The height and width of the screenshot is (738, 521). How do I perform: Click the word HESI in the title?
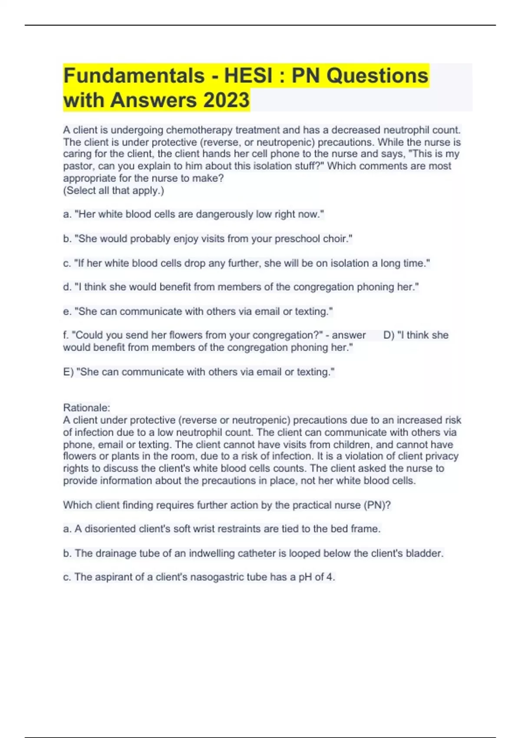coord(248,76)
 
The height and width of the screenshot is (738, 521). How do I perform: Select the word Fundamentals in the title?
coord(134,76)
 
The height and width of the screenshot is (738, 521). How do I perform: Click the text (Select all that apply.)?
coord(114,190)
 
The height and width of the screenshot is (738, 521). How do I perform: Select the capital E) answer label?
coord(68,372)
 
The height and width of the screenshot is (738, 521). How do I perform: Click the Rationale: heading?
coord(86,408)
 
